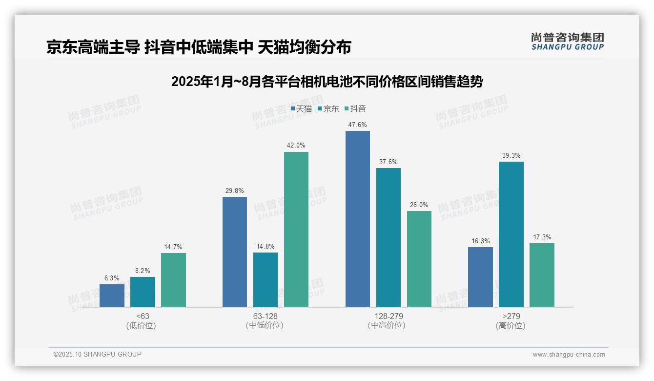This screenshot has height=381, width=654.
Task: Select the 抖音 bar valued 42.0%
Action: coord(296,230)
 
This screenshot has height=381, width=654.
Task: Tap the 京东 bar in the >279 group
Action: coord(511,234)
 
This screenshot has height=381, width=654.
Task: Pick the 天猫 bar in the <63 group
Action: coord(112,296)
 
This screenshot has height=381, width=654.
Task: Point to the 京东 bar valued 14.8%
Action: coord(266,280)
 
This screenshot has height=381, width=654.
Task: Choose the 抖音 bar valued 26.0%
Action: coord(419,259)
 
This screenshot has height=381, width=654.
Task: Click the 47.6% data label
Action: coord(357,125)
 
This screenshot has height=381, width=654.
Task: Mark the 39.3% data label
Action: coord(511,156)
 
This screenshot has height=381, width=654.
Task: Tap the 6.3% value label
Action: coord(112,278)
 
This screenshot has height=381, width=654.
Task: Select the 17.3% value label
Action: coord(542,237)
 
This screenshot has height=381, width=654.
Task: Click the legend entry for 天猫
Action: coord(301,109)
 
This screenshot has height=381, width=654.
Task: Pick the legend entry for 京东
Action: coord(328,109)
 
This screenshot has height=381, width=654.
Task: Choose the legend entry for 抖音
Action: coord(355,109)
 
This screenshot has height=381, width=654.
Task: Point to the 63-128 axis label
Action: coord(265,316)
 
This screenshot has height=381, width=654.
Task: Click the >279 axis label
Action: coord(511,316)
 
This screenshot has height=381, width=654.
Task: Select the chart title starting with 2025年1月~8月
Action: coord(327,82)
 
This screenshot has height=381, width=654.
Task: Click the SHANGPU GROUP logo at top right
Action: coord(567,42)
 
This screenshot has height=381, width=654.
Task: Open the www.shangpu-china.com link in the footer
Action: coord(569,355)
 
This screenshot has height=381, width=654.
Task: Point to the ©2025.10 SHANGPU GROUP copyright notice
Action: coord(98,355)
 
